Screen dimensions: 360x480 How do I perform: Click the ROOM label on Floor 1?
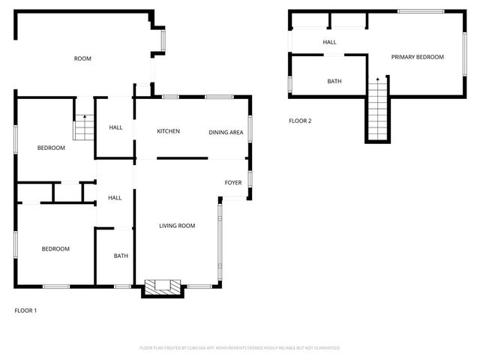82,58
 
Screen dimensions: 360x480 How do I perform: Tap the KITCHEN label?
168,131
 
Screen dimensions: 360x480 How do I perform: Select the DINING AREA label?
226,132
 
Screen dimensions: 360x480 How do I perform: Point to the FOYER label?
233,182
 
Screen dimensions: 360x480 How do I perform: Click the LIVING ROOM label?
177,225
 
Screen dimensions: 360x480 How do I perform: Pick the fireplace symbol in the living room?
162,286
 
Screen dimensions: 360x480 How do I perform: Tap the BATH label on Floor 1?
121,256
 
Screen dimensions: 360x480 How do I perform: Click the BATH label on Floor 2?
334,81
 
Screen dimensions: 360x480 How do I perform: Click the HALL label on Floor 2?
329,42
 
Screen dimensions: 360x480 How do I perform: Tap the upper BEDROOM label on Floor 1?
51,148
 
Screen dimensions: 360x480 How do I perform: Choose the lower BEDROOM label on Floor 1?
55,249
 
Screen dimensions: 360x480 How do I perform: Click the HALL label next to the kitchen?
115,127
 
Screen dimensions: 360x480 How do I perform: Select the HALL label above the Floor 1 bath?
115,198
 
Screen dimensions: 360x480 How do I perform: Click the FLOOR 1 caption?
25,310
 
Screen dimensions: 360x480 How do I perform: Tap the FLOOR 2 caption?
300,121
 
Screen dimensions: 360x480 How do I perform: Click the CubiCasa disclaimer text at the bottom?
240,348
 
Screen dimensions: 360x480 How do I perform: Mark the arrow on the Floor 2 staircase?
377,79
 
